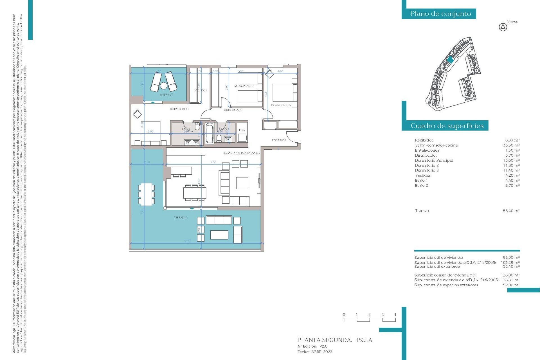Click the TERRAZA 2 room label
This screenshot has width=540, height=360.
point(166,95)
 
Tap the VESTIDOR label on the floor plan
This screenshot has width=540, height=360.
point(201,90)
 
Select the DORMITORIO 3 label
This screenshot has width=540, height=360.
point(281,105)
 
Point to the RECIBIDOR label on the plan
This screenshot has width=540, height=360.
point(279,140)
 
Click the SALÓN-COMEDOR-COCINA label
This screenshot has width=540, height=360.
point(242,154)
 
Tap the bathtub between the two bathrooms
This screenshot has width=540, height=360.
point(209,133)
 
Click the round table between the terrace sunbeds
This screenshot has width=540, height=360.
point(164,85)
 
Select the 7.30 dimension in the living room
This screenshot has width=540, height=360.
point(213,162)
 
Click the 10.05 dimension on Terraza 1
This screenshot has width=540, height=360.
point(187,241)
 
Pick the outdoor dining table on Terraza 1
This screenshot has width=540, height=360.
point(146,194)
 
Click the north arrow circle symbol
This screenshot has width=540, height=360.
point(503,27)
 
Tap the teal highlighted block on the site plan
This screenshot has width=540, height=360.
point(450,60)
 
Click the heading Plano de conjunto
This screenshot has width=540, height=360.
point(440,14)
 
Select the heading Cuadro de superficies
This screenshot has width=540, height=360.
point(447,126)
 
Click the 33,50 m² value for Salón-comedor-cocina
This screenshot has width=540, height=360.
point(511,145)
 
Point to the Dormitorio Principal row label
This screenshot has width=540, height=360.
point(433,160)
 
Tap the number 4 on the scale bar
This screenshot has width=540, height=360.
point(395,315)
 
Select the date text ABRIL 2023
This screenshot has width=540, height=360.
point(321,352)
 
